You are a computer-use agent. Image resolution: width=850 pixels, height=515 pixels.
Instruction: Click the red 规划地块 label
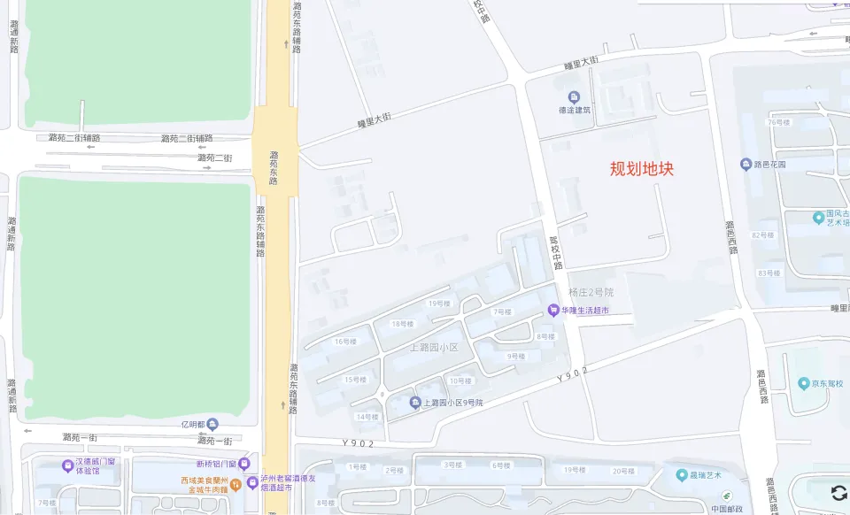642,168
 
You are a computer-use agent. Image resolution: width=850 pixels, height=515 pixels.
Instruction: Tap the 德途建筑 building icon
574,96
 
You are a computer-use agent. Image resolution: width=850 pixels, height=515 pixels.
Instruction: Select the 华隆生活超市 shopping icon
554,310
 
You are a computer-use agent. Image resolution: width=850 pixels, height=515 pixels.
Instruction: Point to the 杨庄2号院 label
591,292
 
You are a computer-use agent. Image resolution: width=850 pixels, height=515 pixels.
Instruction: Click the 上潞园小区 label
434,347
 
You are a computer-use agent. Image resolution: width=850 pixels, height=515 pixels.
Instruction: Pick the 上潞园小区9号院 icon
415,403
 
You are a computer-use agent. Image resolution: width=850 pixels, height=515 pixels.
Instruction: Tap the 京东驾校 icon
804,383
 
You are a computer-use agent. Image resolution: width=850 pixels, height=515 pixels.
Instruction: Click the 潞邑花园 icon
746,164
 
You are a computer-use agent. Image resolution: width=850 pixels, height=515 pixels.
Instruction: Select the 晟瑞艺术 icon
682,475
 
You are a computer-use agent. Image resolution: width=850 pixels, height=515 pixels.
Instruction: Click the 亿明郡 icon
212,425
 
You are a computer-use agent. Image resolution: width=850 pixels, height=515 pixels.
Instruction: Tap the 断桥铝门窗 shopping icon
245,464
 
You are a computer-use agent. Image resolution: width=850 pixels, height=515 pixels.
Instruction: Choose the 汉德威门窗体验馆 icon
67,465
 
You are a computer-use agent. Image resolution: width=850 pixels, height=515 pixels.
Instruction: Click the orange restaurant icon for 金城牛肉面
236,483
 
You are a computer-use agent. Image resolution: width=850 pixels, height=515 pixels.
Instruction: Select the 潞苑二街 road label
214,158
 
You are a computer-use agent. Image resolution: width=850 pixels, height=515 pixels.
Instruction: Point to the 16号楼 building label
345,342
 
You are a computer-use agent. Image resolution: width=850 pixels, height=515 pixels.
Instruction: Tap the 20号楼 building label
623,470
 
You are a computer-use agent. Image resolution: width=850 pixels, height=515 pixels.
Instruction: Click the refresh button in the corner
838,493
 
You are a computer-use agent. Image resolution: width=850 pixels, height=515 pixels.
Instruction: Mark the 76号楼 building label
778,122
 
